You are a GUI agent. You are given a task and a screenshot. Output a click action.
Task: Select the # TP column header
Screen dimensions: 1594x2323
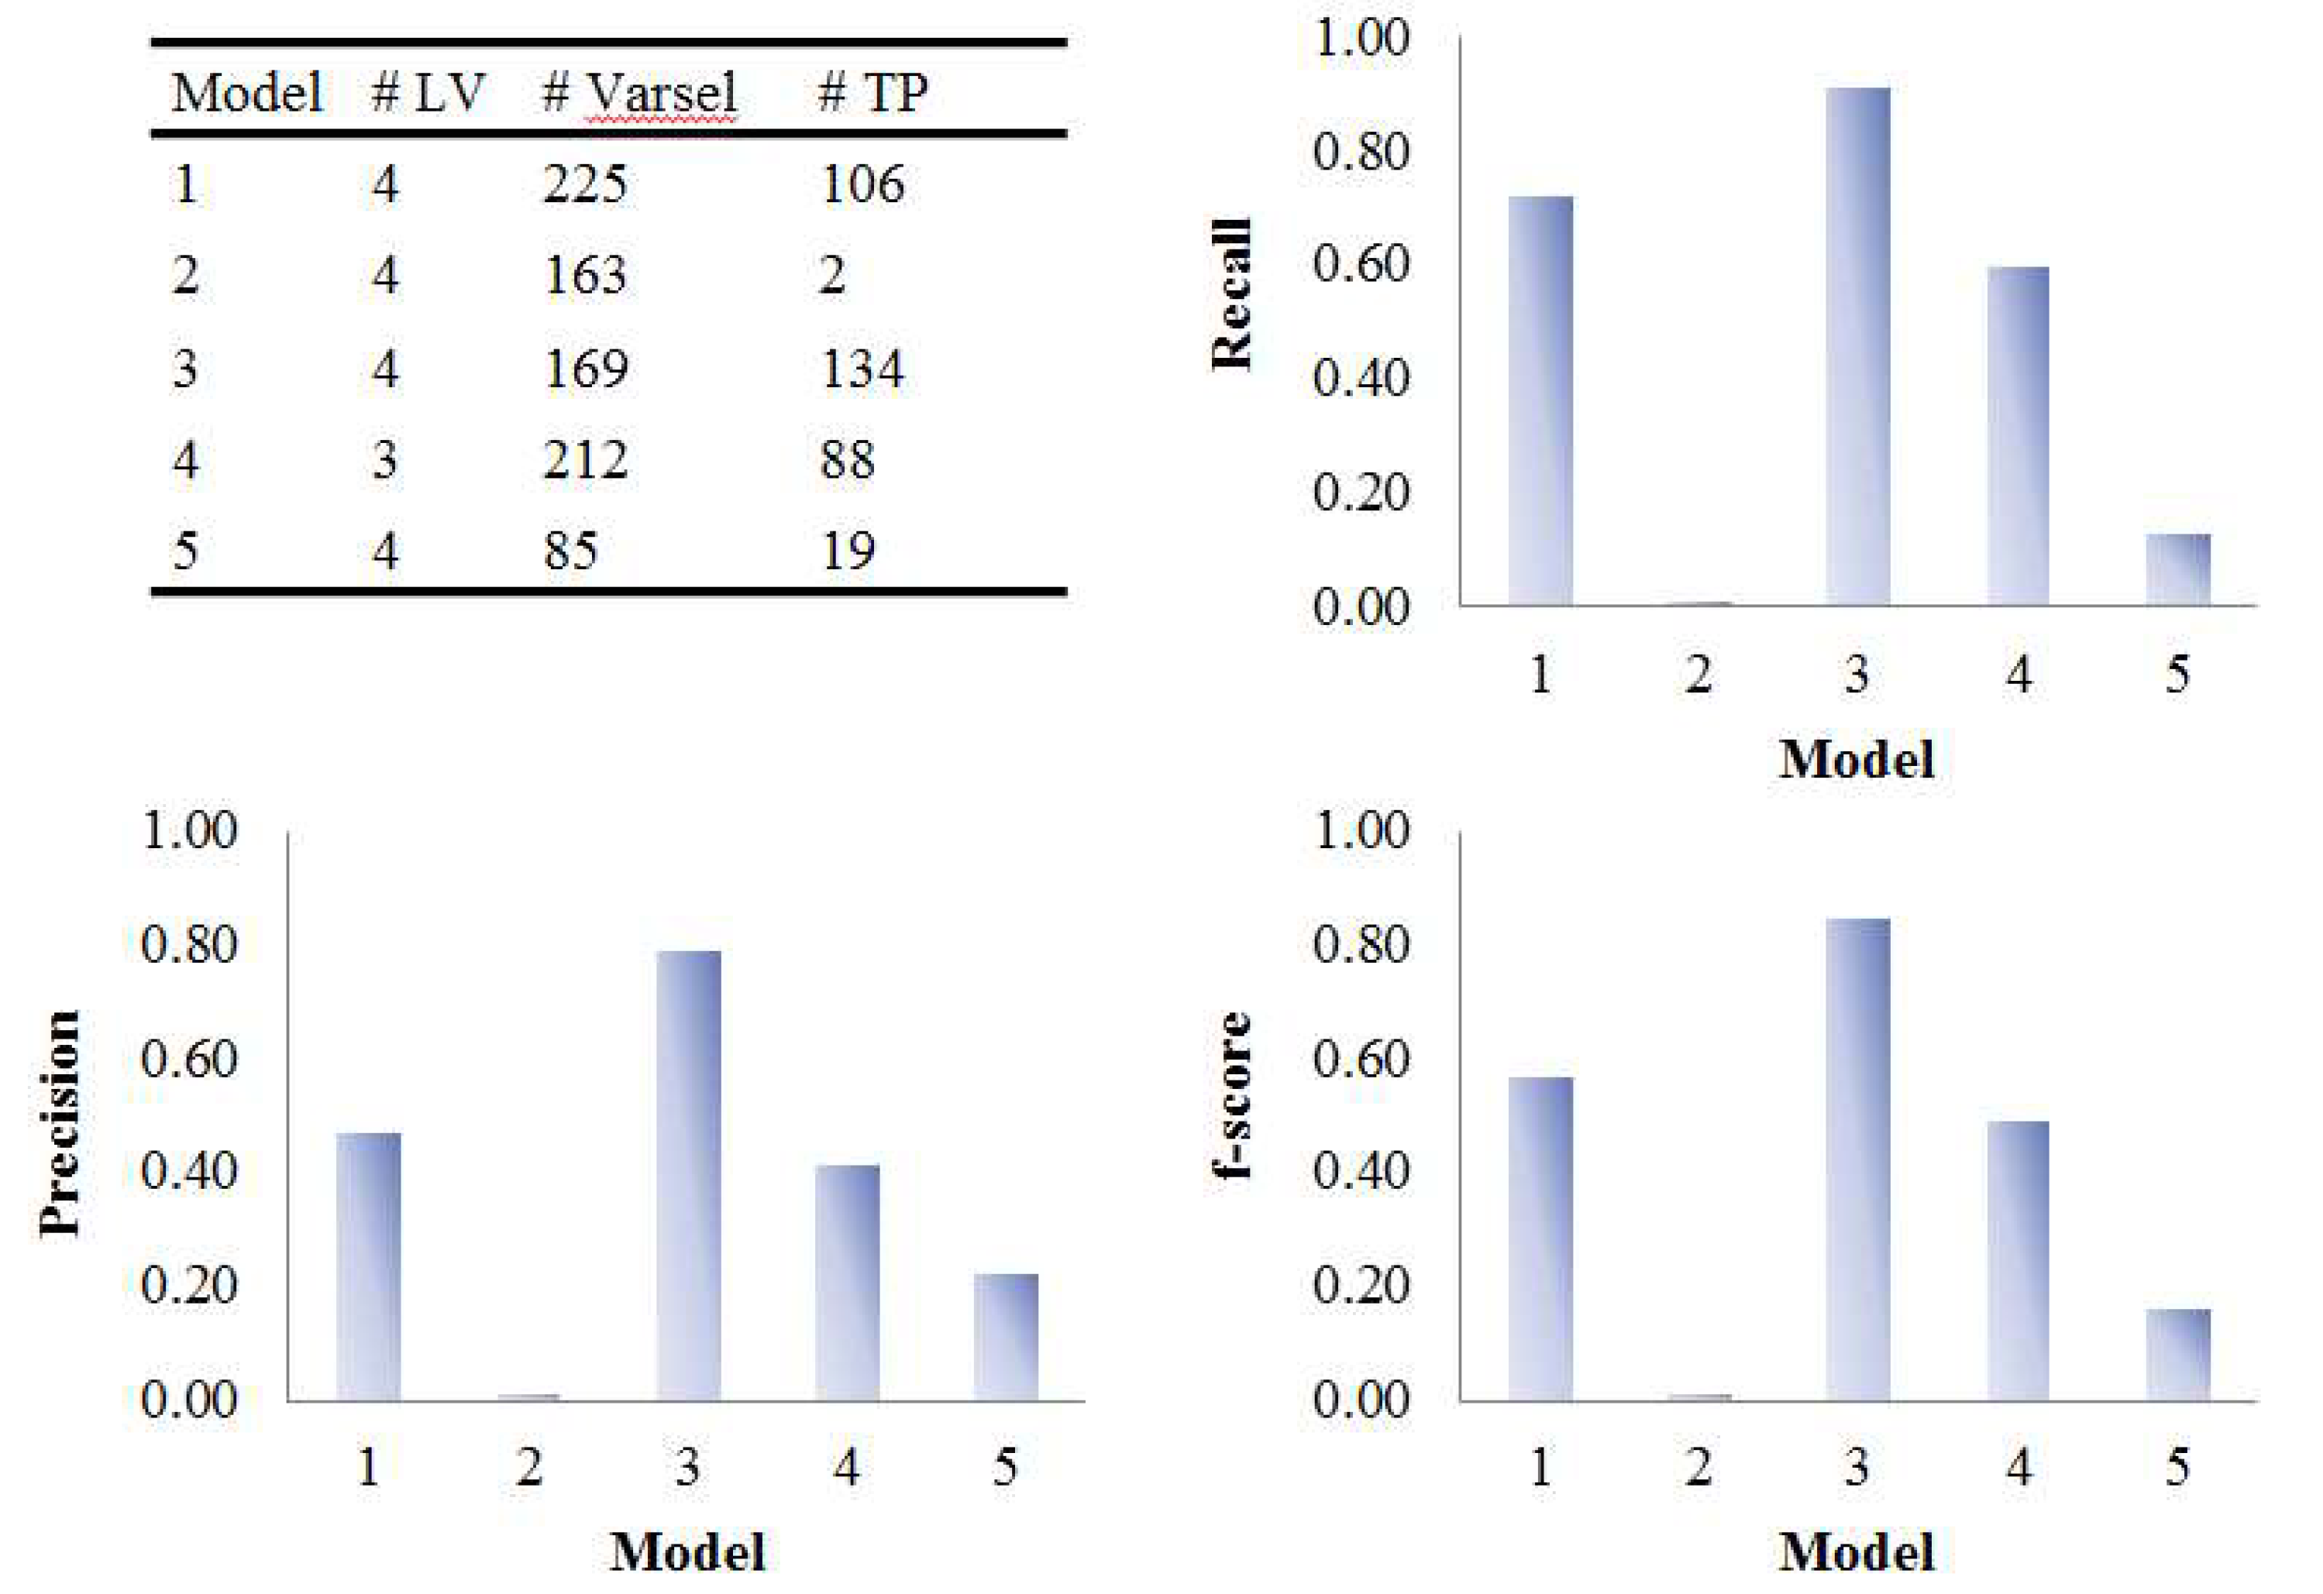click(872, 93)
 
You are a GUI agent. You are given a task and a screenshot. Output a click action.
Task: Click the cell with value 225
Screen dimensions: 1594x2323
click(585, 184)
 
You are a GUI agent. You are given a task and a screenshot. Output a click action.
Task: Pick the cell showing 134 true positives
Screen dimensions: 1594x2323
click(862, 369)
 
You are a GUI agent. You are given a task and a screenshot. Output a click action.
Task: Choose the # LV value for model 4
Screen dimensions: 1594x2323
click(385, 460)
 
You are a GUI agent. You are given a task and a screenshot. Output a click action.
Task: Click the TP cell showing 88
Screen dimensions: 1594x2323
click(848, 460)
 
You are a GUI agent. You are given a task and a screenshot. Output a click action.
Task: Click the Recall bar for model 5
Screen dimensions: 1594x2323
click(2178, 569)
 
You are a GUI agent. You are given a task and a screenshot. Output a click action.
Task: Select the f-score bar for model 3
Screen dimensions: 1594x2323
click(1857, 1159)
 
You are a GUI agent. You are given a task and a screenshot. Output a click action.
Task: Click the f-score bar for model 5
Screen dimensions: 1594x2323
click(2178, 1354)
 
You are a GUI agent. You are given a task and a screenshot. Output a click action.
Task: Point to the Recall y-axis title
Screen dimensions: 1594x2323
click(1231, 295)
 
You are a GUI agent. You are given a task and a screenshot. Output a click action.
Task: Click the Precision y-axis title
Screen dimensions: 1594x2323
click(60, 1125)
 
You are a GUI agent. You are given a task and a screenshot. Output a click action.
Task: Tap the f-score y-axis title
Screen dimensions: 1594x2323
click(1231, 1094)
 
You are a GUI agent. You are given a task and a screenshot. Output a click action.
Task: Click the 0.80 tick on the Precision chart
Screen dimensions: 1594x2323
click(189, 944)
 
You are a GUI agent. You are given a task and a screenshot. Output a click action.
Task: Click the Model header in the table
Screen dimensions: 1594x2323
click(246, 93)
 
